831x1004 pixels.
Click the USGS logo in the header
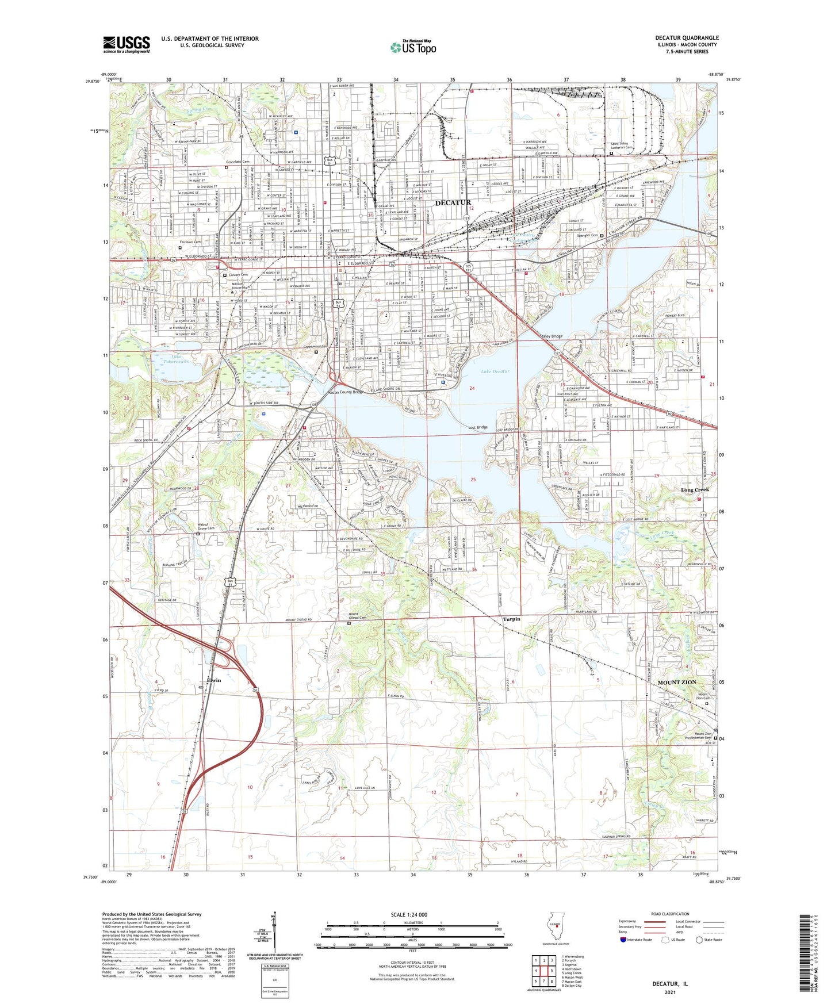127,44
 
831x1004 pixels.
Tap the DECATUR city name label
453,202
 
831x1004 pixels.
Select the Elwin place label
213,680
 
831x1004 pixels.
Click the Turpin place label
511,619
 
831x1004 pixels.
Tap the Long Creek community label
695,489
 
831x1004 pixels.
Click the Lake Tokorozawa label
169,359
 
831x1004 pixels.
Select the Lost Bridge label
477,427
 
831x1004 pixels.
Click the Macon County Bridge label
349,393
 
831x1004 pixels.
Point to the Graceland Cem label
238,162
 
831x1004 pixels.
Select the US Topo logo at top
412,47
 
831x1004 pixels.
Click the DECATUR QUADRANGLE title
687,38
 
